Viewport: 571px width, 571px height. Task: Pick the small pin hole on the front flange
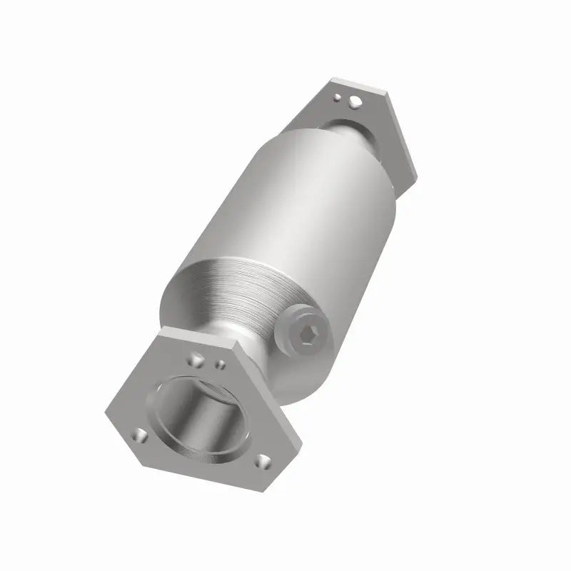coord(221,365)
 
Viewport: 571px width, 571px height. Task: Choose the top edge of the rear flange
coord(357,80)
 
